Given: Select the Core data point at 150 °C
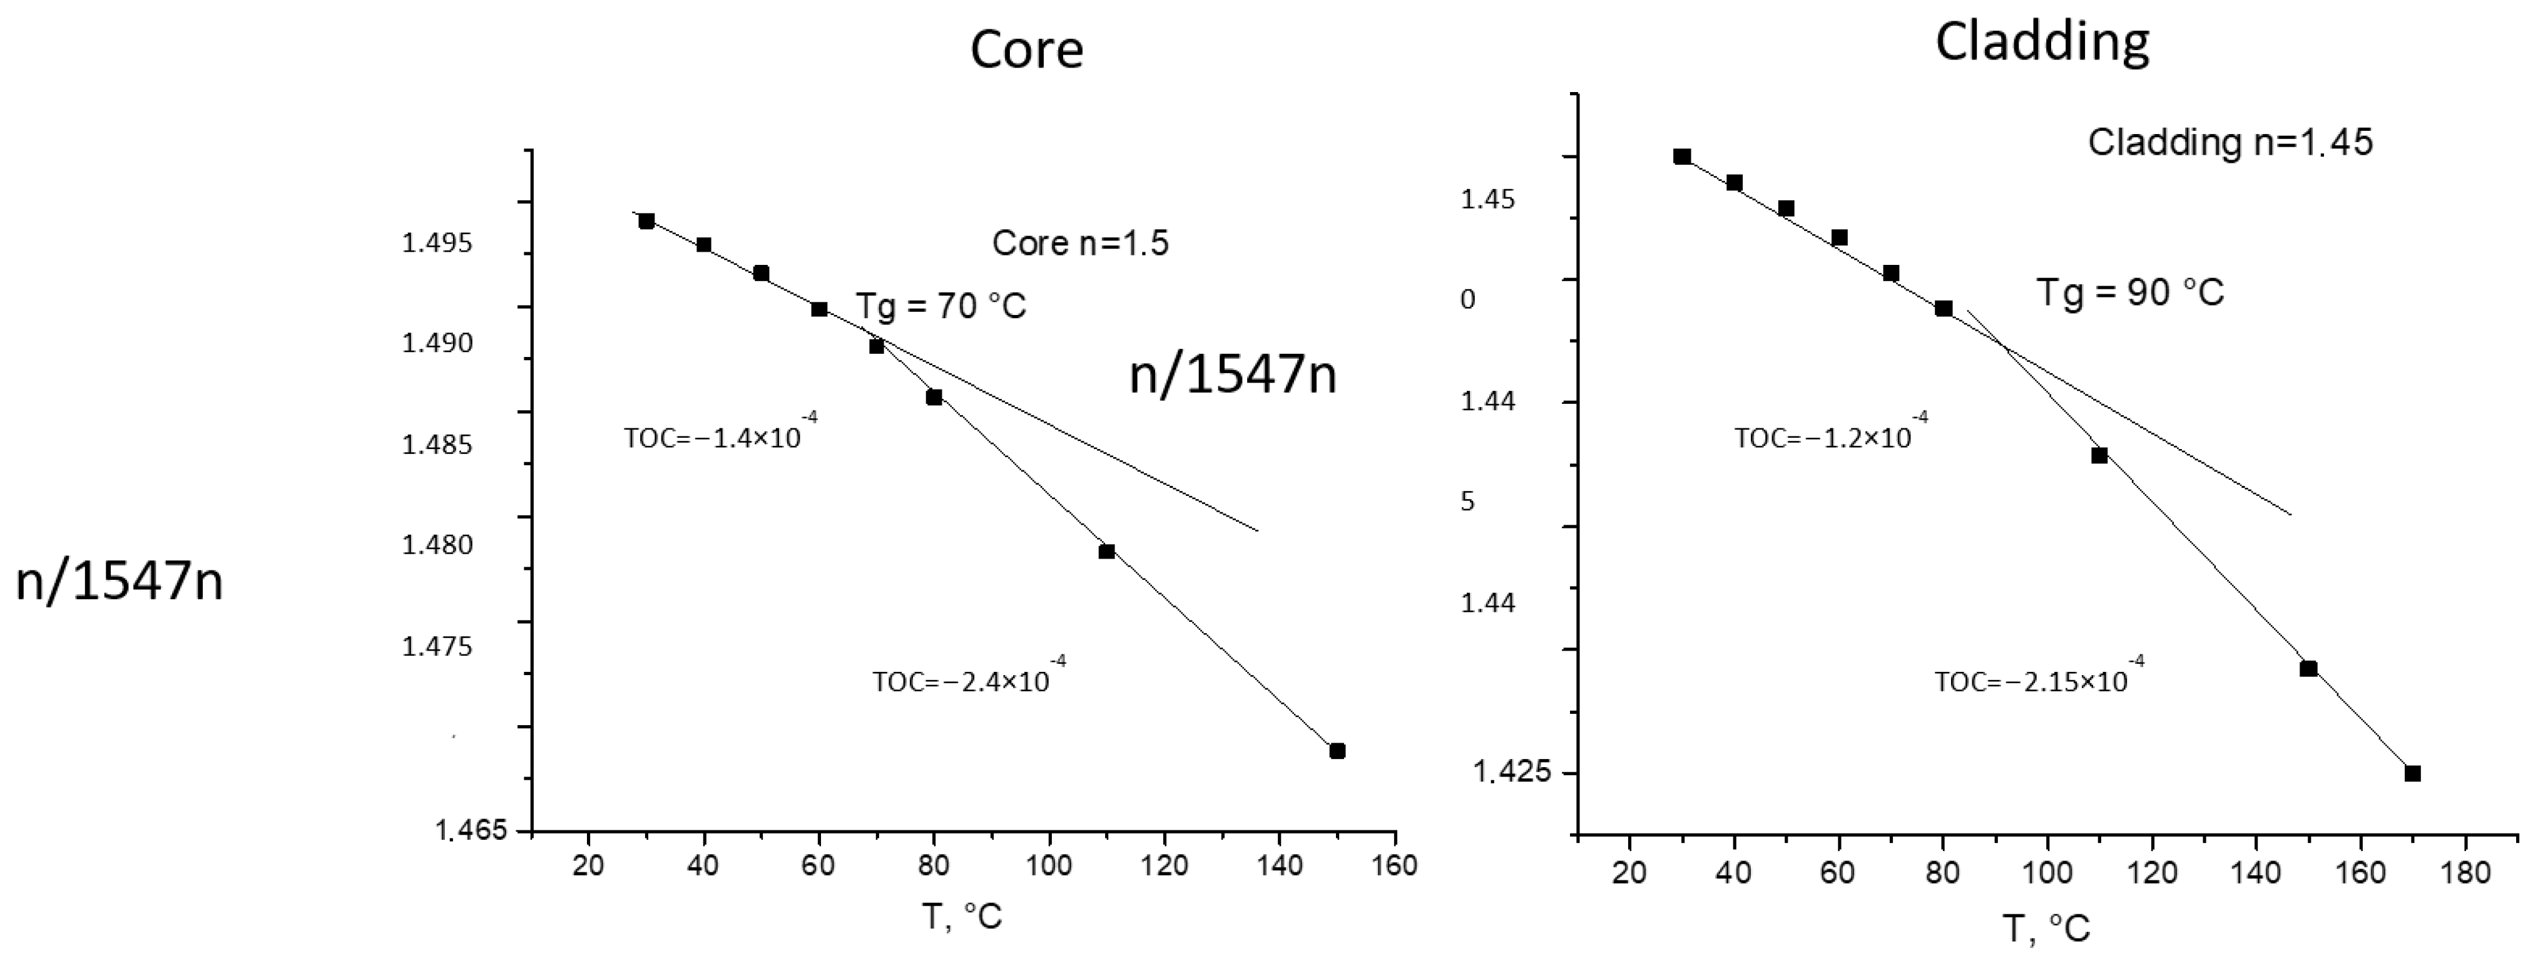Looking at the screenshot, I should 1337,751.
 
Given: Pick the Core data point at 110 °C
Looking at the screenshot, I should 1106,552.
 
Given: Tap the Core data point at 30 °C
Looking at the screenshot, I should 646,221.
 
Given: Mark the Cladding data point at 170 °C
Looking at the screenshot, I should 2412,774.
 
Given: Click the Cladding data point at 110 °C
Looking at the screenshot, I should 2099,455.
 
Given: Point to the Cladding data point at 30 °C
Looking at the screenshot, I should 1682,157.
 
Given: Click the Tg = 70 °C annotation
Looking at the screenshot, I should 941,306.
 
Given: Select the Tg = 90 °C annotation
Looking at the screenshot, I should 2130,292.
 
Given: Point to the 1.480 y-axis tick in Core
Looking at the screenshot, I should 437,545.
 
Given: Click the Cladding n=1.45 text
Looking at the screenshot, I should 2230,143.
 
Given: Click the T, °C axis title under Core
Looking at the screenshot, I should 962,917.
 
